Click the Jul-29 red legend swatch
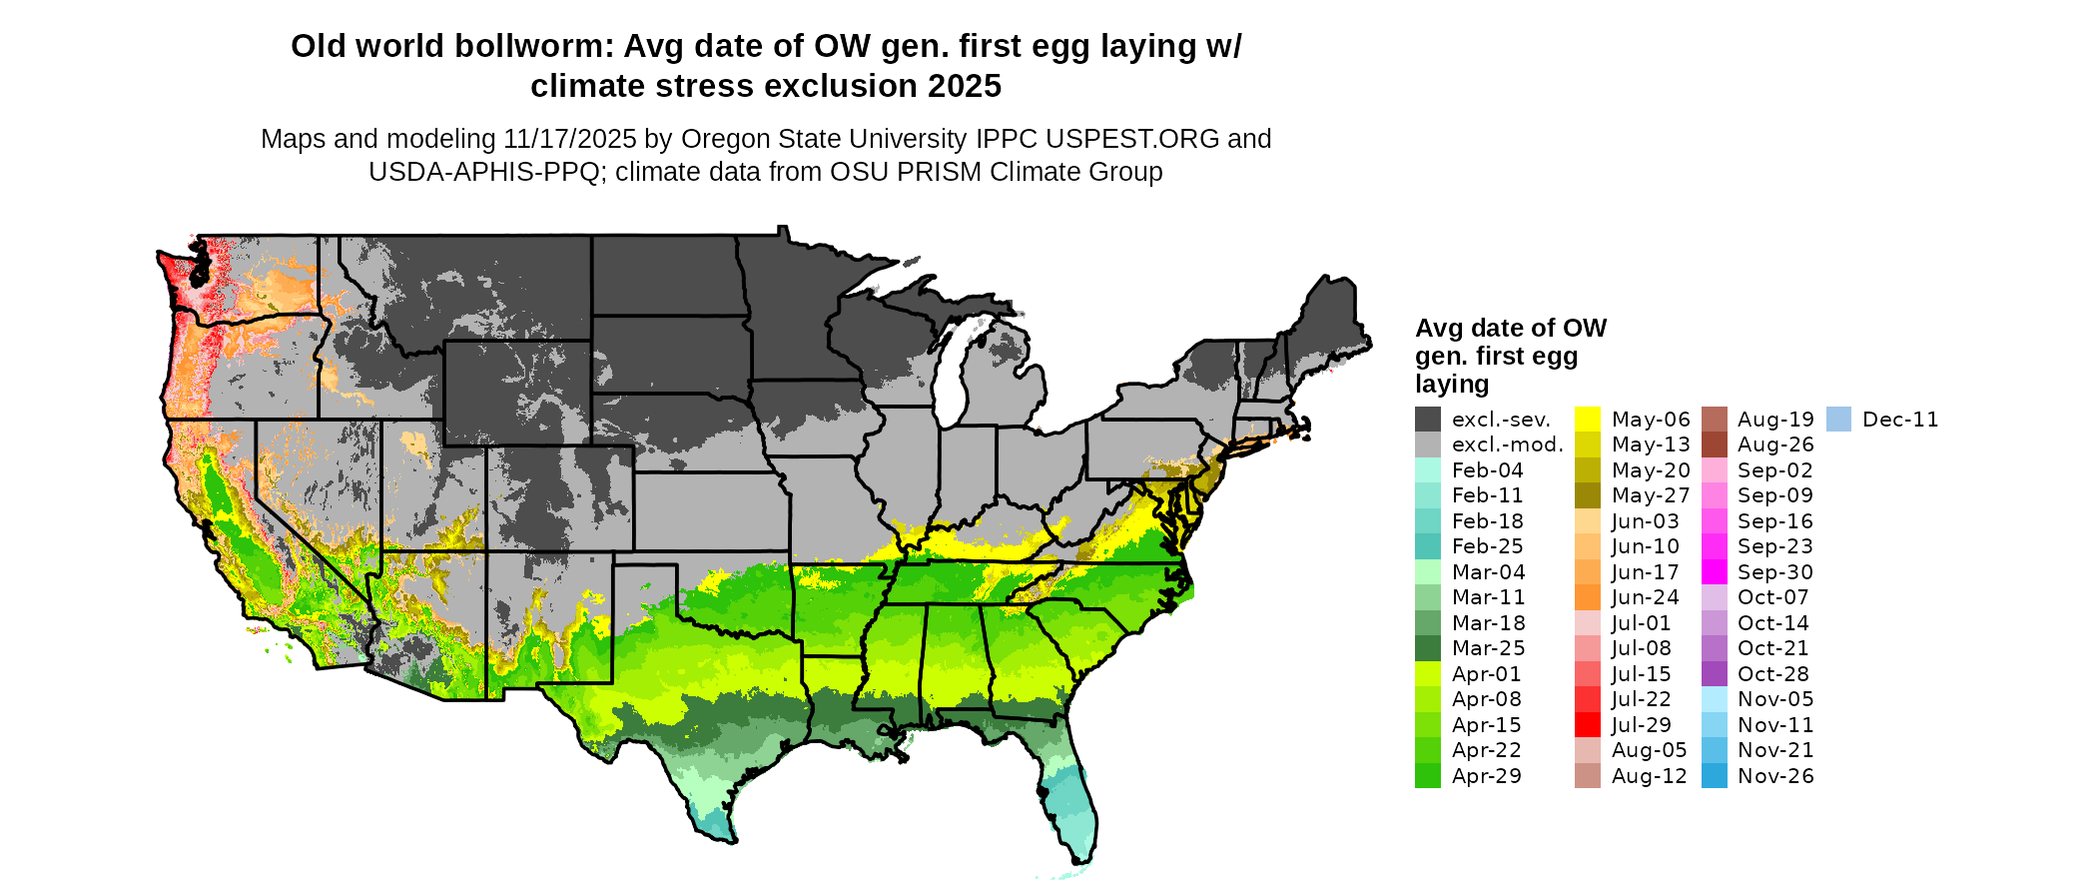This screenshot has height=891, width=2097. (1587, 724)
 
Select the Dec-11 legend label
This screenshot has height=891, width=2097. (1900, 420)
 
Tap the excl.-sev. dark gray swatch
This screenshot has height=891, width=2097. (1428, 420)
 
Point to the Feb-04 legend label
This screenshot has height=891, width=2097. (1487, 470)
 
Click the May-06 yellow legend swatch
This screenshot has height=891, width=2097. (1587, 420)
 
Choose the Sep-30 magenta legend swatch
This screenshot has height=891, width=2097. (1714, 572)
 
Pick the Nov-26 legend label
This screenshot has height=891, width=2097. (1775, 776)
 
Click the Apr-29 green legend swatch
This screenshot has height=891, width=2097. (1428, 776)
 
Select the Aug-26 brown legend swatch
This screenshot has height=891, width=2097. (1714, 445)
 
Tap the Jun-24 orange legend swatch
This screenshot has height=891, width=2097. (1587, 597)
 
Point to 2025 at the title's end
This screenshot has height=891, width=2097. (964, 87)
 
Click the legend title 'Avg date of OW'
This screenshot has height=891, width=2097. (1511, 329)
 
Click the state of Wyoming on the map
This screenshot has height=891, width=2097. (517, 393)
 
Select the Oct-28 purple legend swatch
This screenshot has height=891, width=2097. (1714, 673)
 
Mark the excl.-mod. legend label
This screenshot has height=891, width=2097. (1507, 445)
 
